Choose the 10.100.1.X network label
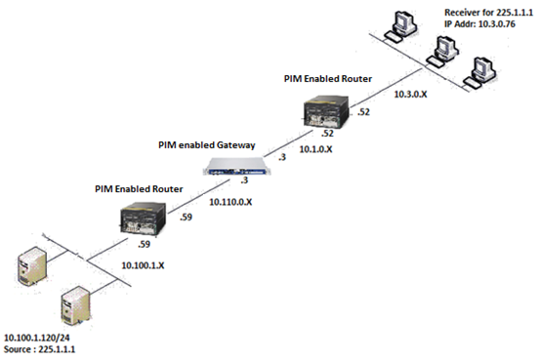[143, 265]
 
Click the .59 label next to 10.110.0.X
[187, 217]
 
